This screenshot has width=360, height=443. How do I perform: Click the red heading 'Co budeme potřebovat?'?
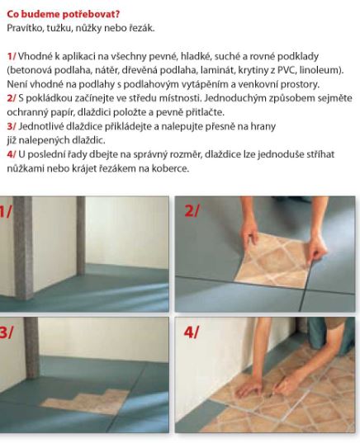(64, 14)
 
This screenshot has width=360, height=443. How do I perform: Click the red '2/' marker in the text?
(12, 98)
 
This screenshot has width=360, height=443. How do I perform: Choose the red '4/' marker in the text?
(12, 154)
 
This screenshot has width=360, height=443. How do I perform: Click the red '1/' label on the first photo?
(6, 211)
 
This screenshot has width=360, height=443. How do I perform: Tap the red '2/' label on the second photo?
(192, 210)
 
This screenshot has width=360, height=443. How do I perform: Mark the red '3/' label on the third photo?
(7, 332)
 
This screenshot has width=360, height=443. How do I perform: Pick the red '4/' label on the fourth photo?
(192, 332)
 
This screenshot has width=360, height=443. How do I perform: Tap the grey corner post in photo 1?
(22, 247)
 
